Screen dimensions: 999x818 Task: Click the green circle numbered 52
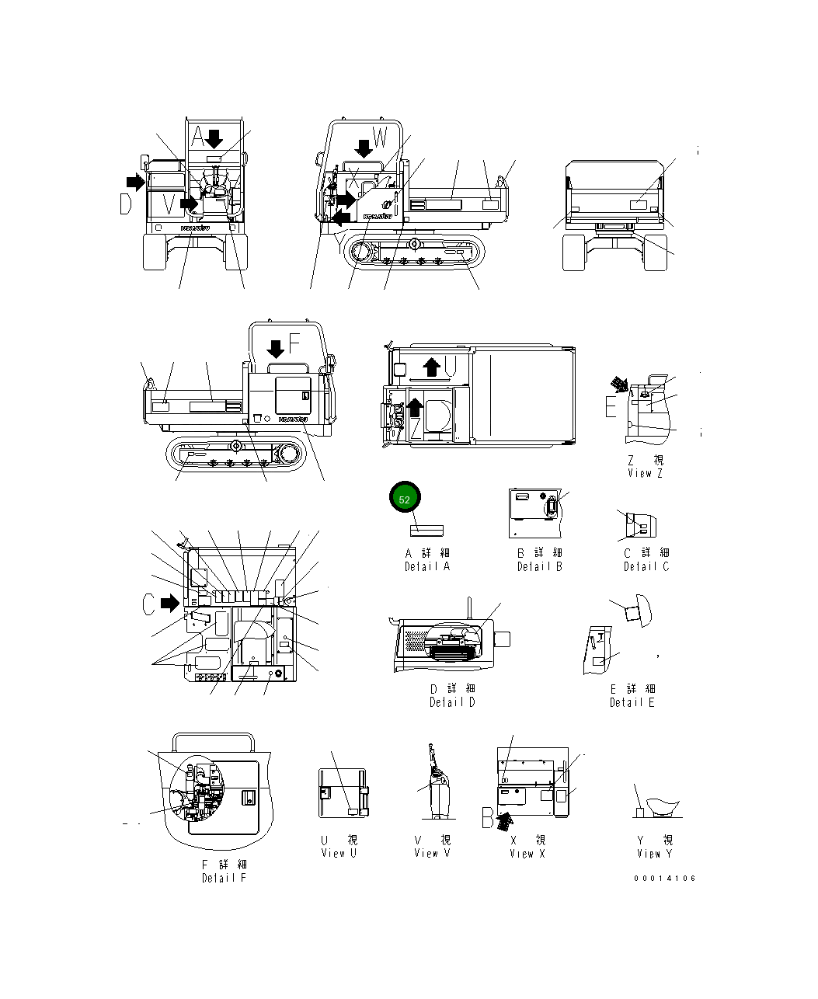point(404,500)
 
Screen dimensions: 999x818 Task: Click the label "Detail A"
point(426,566)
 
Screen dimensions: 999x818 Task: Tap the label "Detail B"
point(540,566)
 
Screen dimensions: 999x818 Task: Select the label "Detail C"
point(646,566)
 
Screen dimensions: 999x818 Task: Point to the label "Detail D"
point(452,702)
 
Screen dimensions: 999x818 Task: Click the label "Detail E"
point(632,702)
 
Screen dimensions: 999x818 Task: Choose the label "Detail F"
point(224,878)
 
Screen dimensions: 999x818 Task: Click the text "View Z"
point(645,473)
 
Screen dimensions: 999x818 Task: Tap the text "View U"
point(339,853)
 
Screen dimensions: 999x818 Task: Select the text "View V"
point(432,853)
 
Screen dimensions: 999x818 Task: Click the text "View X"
point(527,853)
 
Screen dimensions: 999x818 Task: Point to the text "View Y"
point(654,853)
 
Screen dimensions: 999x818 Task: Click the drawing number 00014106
point(664,879)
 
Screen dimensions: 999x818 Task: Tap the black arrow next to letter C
point(170,602)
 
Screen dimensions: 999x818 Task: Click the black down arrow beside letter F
point(275,349)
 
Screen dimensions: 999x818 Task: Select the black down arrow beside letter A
point(214,139)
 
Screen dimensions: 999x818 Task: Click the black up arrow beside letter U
point(431,366)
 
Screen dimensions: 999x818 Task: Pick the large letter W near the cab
point(380,137)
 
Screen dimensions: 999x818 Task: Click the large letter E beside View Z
point(611,406)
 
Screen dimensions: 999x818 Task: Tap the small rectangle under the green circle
point(426,529)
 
